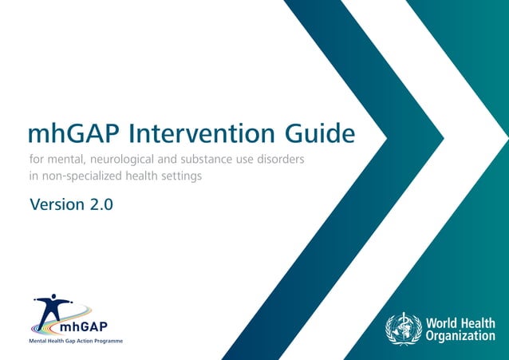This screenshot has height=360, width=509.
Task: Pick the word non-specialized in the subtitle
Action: click(83, 176)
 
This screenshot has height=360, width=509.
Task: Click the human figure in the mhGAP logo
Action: click(53, 307)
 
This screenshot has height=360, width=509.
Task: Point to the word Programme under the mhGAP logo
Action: click(105, 341)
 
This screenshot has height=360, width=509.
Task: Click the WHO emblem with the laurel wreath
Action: click(403, 329)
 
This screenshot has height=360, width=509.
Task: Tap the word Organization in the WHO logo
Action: click(460, 336)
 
